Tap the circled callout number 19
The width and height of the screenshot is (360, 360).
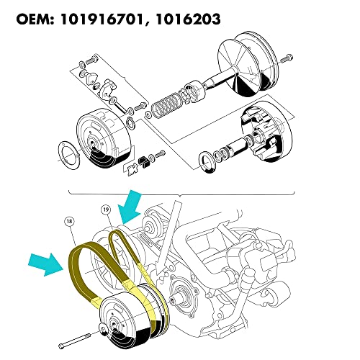[106, 211]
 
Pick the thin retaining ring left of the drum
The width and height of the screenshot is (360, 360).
[68, 154]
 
